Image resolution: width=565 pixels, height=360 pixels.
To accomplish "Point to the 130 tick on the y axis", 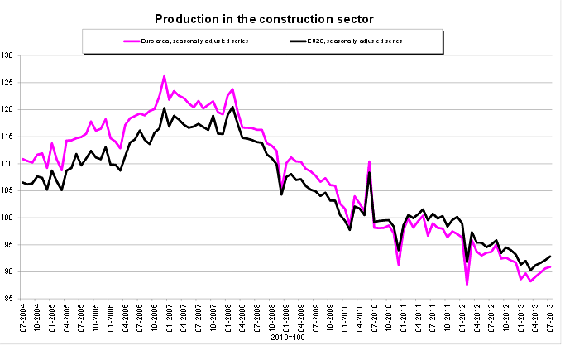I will pyautogui.click(x=9, y=55).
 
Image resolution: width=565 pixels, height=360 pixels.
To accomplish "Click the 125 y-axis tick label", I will pyautogui.click(x=9, y=83).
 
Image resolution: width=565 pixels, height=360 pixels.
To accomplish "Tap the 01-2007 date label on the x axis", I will pyautogui.click(x=170, y=319).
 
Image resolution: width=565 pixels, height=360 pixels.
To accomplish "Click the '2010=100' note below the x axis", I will pyautogui.click(x=285, y=339).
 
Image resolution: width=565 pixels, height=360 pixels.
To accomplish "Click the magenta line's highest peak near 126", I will pyautogui.click(x=164, y=76).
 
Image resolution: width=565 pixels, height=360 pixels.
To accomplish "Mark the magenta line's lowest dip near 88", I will pyautogui.click(x=467, y=284).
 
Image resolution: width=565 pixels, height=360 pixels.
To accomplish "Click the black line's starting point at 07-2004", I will pyautogui.click(x=22, y=182).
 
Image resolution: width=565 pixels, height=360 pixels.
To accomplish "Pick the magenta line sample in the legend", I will pyautogui.click(x=132, y=40).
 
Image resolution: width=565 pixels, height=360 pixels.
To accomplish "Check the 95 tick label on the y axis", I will pyautogui.click(x=11, y=245).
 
